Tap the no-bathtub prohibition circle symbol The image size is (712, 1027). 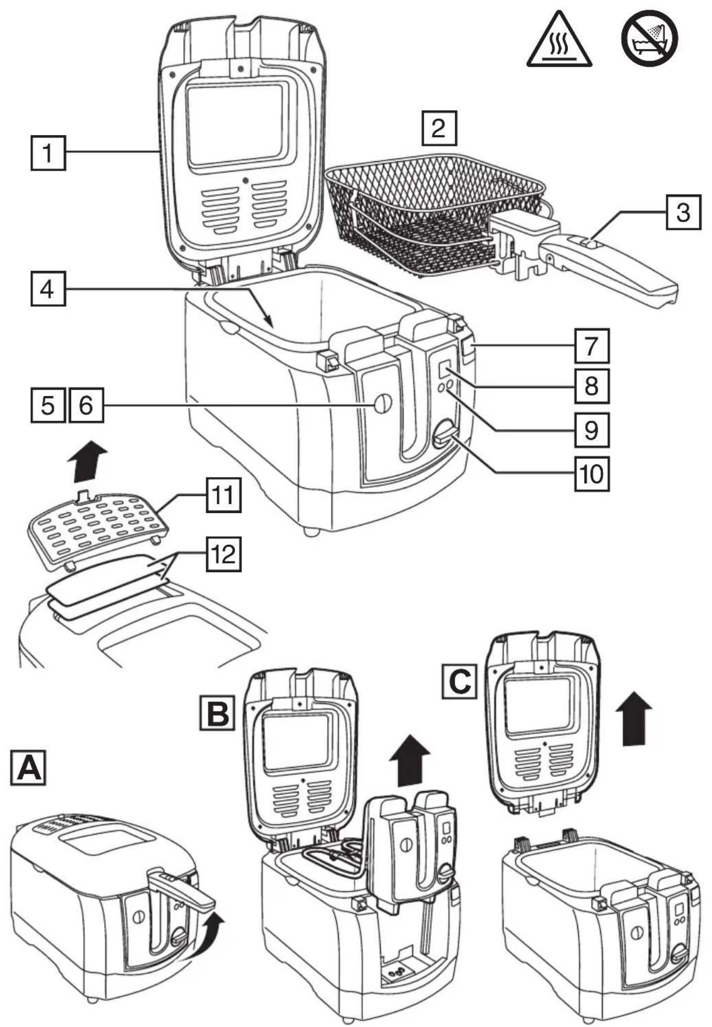[650, 38]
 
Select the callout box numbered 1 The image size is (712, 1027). [48, 153]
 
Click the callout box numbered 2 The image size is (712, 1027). [439, 127]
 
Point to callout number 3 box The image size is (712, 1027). [683, 212]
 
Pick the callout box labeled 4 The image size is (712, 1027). [48, 289]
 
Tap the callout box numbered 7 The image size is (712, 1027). [592, 346]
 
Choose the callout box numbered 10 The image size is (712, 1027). [592, 473]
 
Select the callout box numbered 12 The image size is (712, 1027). [224, 554]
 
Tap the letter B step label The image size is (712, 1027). [217, 714]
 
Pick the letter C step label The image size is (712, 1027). [459, 682]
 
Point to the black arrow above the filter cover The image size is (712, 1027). [89, 460]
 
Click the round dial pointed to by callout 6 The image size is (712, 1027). [383, 404]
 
